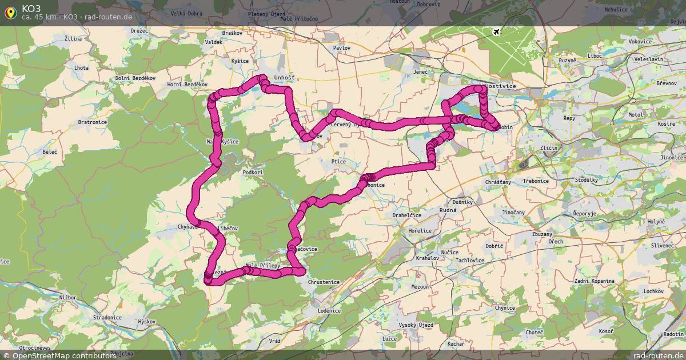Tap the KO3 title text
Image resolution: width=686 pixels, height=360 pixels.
click(31, 8)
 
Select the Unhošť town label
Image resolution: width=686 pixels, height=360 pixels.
click(284, 77)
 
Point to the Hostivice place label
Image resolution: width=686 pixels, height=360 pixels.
click(500, 86)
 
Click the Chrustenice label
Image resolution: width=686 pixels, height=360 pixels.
click(324, 282)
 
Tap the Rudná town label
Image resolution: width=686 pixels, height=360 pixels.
click(449, 210)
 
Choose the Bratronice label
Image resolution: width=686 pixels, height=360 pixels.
click(92, 122)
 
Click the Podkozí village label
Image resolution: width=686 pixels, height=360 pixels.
click(253, 172)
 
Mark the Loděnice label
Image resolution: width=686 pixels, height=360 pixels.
click(329, 310)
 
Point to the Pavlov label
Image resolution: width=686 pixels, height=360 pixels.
click(342, 48)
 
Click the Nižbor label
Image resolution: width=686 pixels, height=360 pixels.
click(67, 298)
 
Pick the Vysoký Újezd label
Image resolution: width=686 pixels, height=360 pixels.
click(416, 325)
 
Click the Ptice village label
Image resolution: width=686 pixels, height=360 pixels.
click(338, 162)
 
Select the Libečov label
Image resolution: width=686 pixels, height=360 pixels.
click(228, 228)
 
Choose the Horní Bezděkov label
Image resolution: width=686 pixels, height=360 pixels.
click(186, 84)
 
